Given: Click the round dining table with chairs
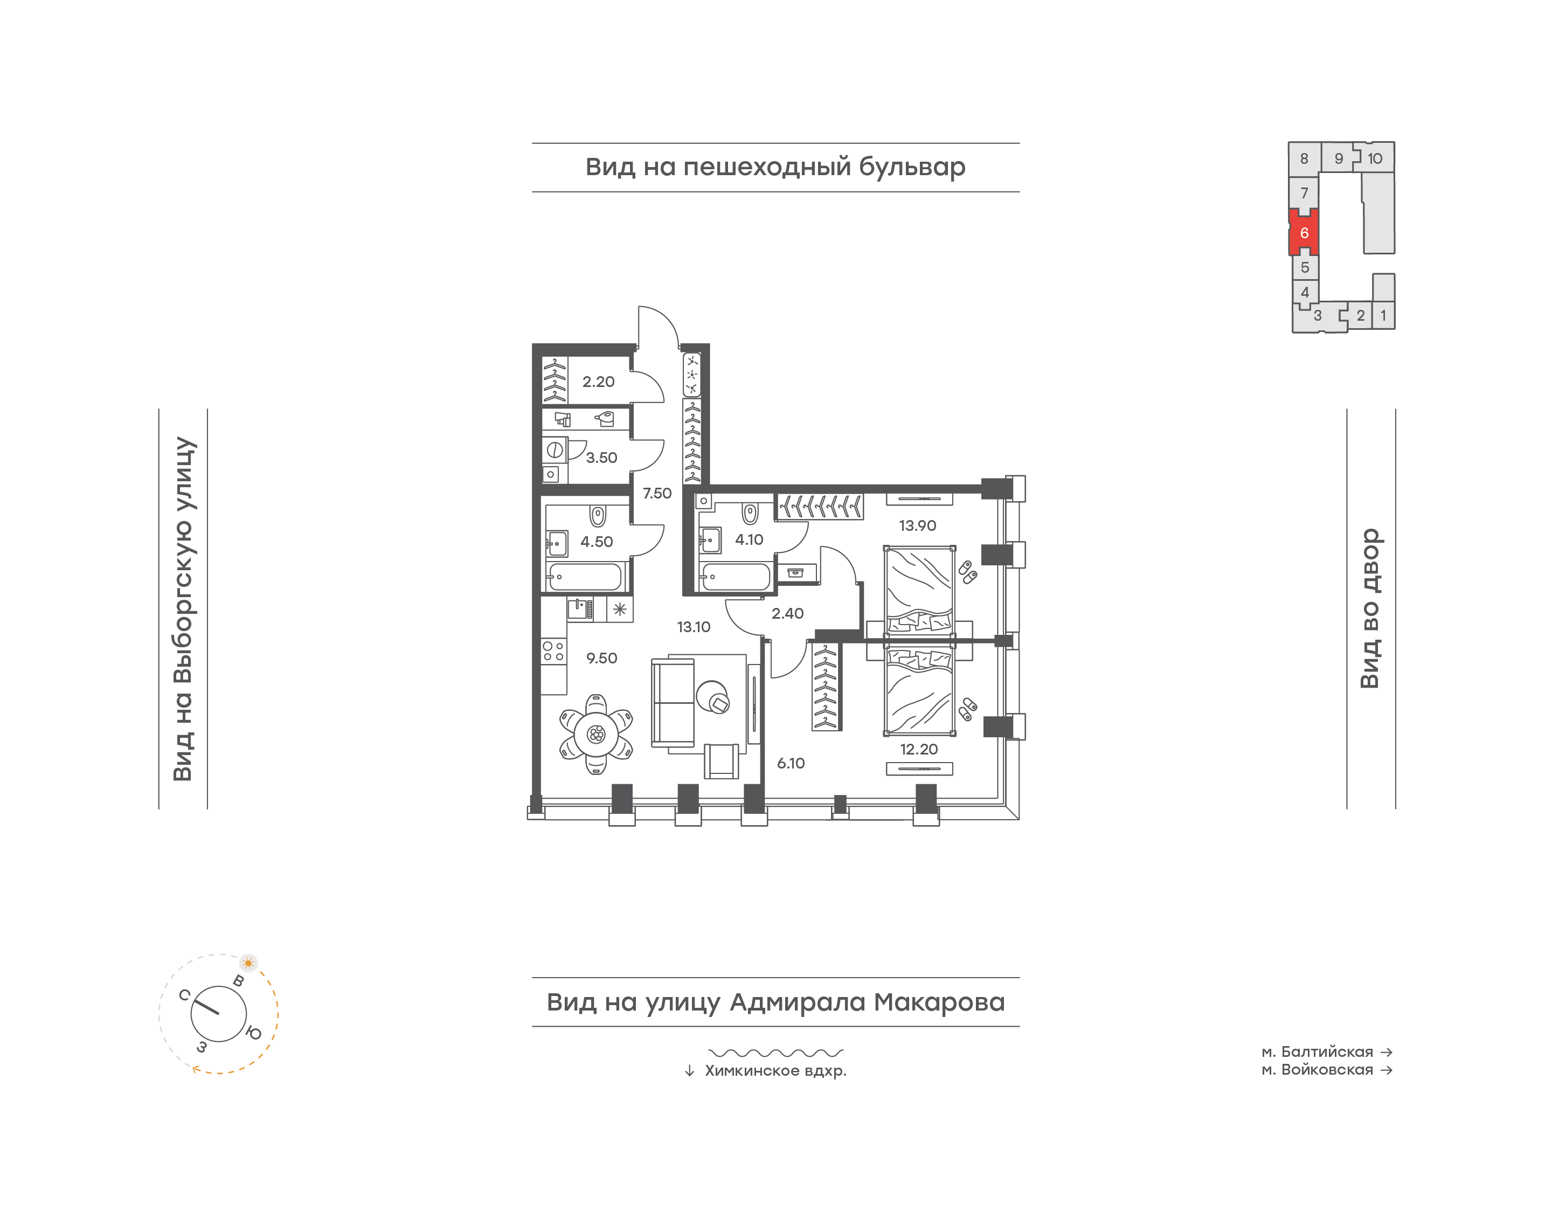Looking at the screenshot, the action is click(596, 734).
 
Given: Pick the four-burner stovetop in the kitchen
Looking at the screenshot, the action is click(553, 651).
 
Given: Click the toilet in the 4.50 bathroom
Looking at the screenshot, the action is click(598, 515).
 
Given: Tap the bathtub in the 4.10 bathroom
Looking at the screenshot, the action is click(736, 577).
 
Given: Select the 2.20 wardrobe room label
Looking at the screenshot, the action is click(598, 382).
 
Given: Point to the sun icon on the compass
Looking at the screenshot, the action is click(248, 963).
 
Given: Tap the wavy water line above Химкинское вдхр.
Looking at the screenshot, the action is click(775, 1053).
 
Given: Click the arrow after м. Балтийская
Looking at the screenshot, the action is click(1386, 1052).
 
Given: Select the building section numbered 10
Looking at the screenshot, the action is click(1375, 158).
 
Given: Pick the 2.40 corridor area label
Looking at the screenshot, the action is click(787, 613).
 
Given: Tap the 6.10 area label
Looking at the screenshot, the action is click(791, 763).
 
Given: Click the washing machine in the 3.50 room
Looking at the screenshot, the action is click(554, 450).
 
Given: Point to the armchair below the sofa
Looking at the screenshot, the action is click(722, 761).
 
